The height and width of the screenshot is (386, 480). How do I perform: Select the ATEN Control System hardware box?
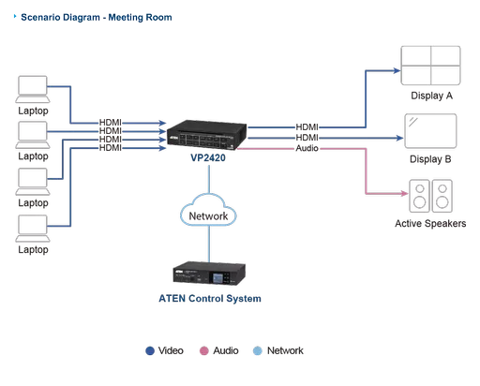[205, 275]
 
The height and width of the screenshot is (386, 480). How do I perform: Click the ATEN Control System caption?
[205, 299]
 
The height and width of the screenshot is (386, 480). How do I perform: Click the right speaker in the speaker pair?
[442, 198]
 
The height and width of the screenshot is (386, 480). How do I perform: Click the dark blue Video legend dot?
[149, 351]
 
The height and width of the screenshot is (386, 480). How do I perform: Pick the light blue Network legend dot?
[257, 351]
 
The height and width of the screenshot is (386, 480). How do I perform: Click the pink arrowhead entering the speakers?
[396, 194]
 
